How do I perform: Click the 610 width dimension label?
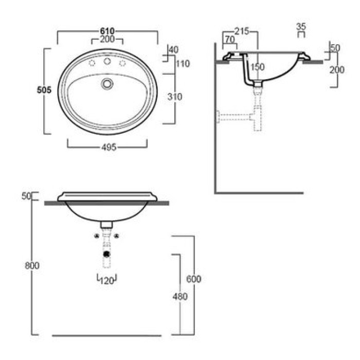107,31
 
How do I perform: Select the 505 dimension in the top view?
44,90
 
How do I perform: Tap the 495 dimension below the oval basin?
109,147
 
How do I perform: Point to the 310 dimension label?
175,97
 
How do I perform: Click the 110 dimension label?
183,64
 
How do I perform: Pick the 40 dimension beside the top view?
174,49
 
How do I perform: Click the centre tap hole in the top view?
107,61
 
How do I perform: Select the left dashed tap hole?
92,63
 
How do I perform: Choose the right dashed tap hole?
122,63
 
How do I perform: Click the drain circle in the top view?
107,84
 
